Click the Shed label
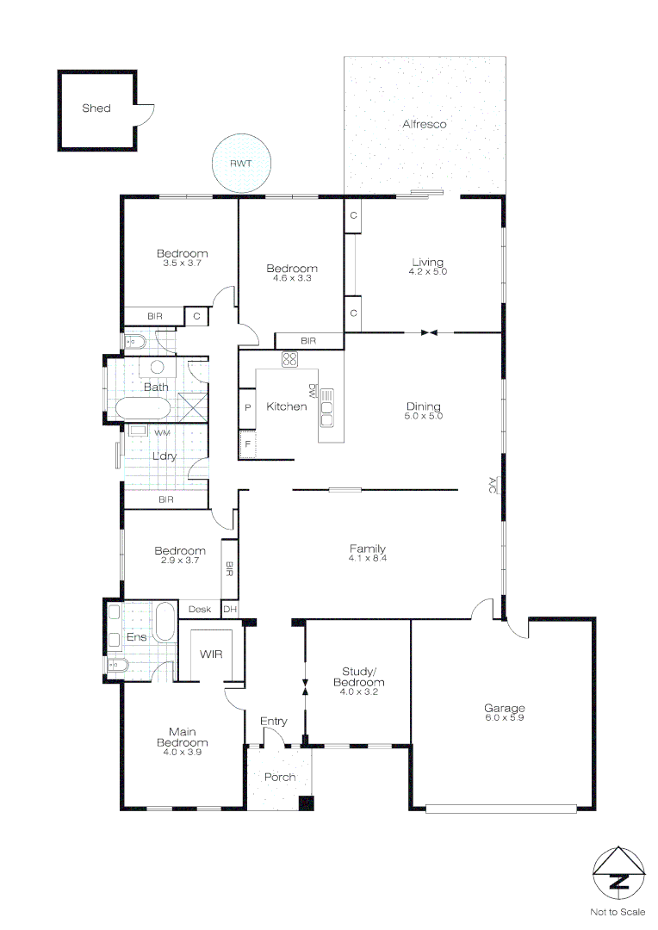point(96,108)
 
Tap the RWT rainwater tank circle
point(241,163)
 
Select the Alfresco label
point(425,124)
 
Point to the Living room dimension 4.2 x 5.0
point(428,272)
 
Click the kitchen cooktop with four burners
point(289,360)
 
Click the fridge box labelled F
point(247,444)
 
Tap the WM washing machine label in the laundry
point(161,431)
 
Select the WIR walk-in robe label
point(211,654)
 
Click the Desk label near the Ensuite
point(200,610)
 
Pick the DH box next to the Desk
point(229,610)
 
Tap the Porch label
point(280,777)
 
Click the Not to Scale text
point(618,911)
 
